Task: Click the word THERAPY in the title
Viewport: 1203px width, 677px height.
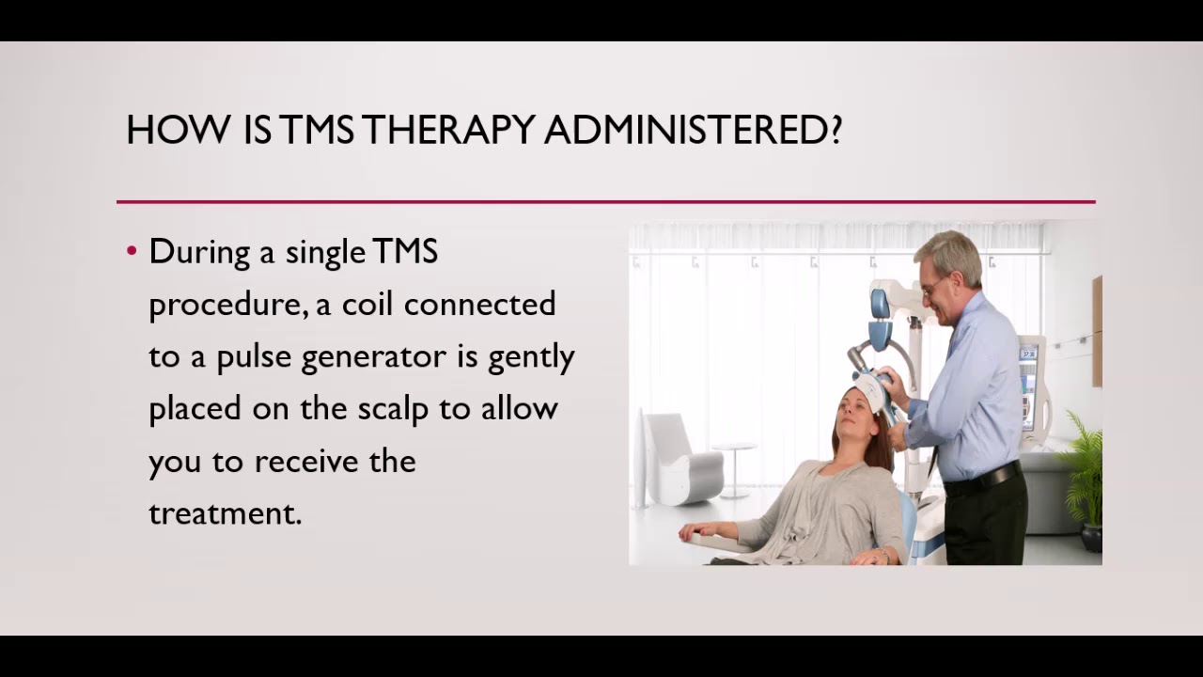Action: click(x=448, y=130)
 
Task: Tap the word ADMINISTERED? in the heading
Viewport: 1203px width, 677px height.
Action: click(x=693, y=130)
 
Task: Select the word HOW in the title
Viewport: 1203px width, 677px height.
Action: click(x=178, y=130)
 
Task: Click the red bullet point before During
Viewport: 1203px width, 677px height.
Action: click(x=132, y=251)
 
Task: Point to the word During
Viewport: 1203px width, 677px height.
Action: click(x=199, y=252)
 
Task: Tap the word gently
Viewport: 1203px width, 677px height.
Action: click(x=531, y=357)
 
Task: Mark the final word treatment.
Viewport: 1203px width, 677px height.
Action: click(x=225, y=513)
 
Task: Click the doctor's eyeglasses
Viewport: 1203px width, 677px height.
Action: click(x=933, y=285)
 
